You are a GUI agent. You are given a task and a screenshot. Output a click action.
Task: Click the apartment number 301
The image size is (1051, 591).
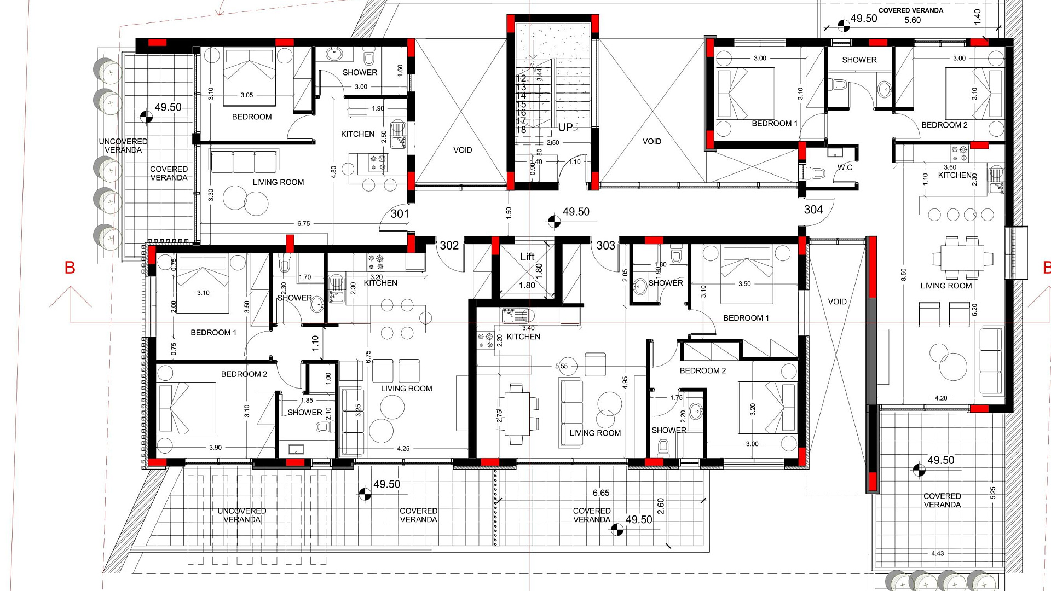[x=400, y=214]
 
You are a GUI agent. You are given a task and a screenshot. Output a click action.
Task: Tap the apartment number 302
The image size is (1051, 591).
[x=449, y=246]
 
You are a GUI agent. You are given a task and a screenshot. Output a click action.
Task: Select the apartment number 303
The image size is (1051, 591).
[x=606, y=246]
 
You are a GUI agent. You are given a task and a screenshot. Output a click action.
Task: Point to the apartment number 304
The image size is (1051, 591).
[x=813, y=210]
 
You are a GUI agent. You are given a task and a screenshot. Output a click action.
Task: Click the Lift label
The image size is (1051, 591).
[x=527, y=257]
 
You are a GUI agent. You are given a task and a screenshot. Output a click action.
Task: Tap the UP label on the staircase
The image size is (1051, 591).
[x=565, y=128]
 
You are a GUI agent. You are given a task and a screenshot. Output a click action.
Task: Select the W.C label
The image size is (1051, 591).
[x=845, y=167]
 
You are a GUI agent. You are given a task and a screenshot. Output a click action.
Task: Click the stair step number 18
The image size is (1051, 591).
[x=521, y=130]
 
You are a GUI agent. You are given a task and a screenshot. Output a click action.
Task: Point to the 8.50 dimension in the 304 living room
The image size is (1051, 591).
[x=903, y=275]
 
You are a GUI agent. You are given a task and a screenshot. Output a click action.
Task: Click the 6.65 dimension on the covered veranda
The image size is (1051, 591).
[x=601, y=493]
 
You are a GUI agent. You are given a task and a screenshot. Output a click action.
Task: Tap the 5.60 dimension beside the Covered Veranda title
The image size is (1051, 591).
[x=913, y=20]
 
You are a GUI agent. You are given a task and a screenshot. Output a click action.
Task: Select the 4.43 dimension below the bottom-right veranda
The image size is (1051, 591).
[x=938, y=554]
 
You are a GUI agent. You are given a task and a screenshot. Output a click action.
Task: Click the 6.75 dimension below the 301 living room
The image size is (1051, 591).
[x=304, y=224]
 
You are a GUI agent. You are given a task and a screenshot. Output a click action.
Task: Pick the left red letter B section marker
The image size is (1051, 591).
[x=70, y=268]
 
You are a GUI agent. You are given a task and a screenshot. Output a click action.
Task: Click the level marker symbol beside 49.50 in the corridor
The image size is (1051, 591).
[x=554, y=222]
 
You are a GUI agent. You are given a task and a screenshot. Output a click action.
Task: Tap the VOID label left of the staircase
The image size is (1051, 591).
[x=463, y=150]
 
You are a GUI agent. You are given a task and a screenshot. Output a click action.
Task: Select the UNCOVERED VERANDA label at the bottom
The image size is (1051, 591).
[x=242, y=515]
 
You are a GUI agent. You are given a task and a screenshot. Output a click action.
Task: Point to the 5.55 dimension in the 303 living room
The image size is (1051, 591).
[x=562, y=367]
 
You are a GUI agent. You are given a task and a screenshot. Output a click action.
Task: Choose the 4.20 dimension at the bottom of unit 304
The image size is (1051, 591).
[x=941, y=398]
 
